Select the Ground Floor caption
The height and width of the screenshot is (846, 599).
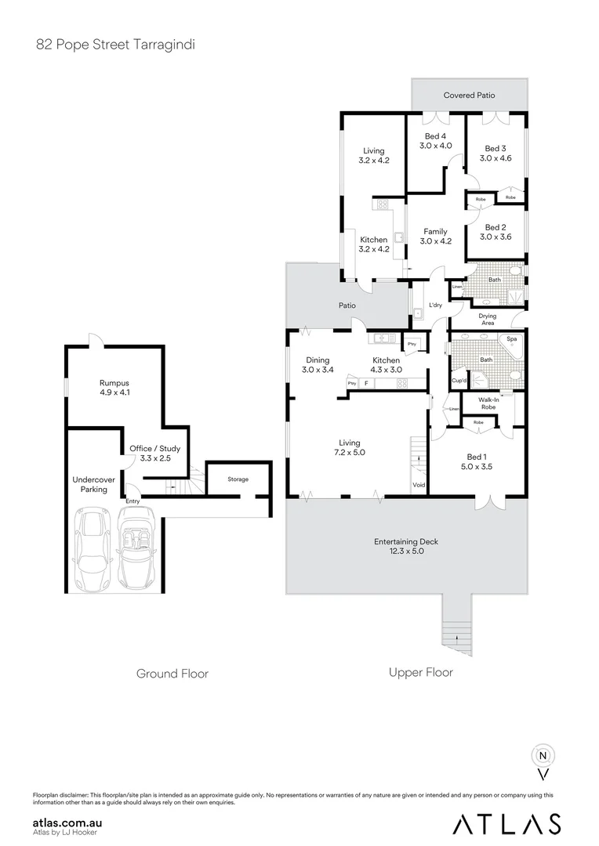[172, 673]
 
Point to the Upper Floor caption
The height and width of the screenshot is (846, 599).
[420, 672]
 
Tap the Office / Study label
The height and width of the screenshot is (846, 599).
[154, 454]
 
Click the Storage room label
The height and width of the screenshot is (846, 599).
[238, 479]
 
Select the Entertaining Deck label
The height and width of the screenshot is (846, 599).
[405, 546]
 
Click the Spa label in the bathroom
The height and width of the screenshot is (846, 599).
[513, 339]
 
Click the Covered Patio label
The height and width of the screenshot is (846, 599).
[469, 96]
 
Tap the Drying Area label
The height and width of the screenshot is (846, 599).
[487, 319]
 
